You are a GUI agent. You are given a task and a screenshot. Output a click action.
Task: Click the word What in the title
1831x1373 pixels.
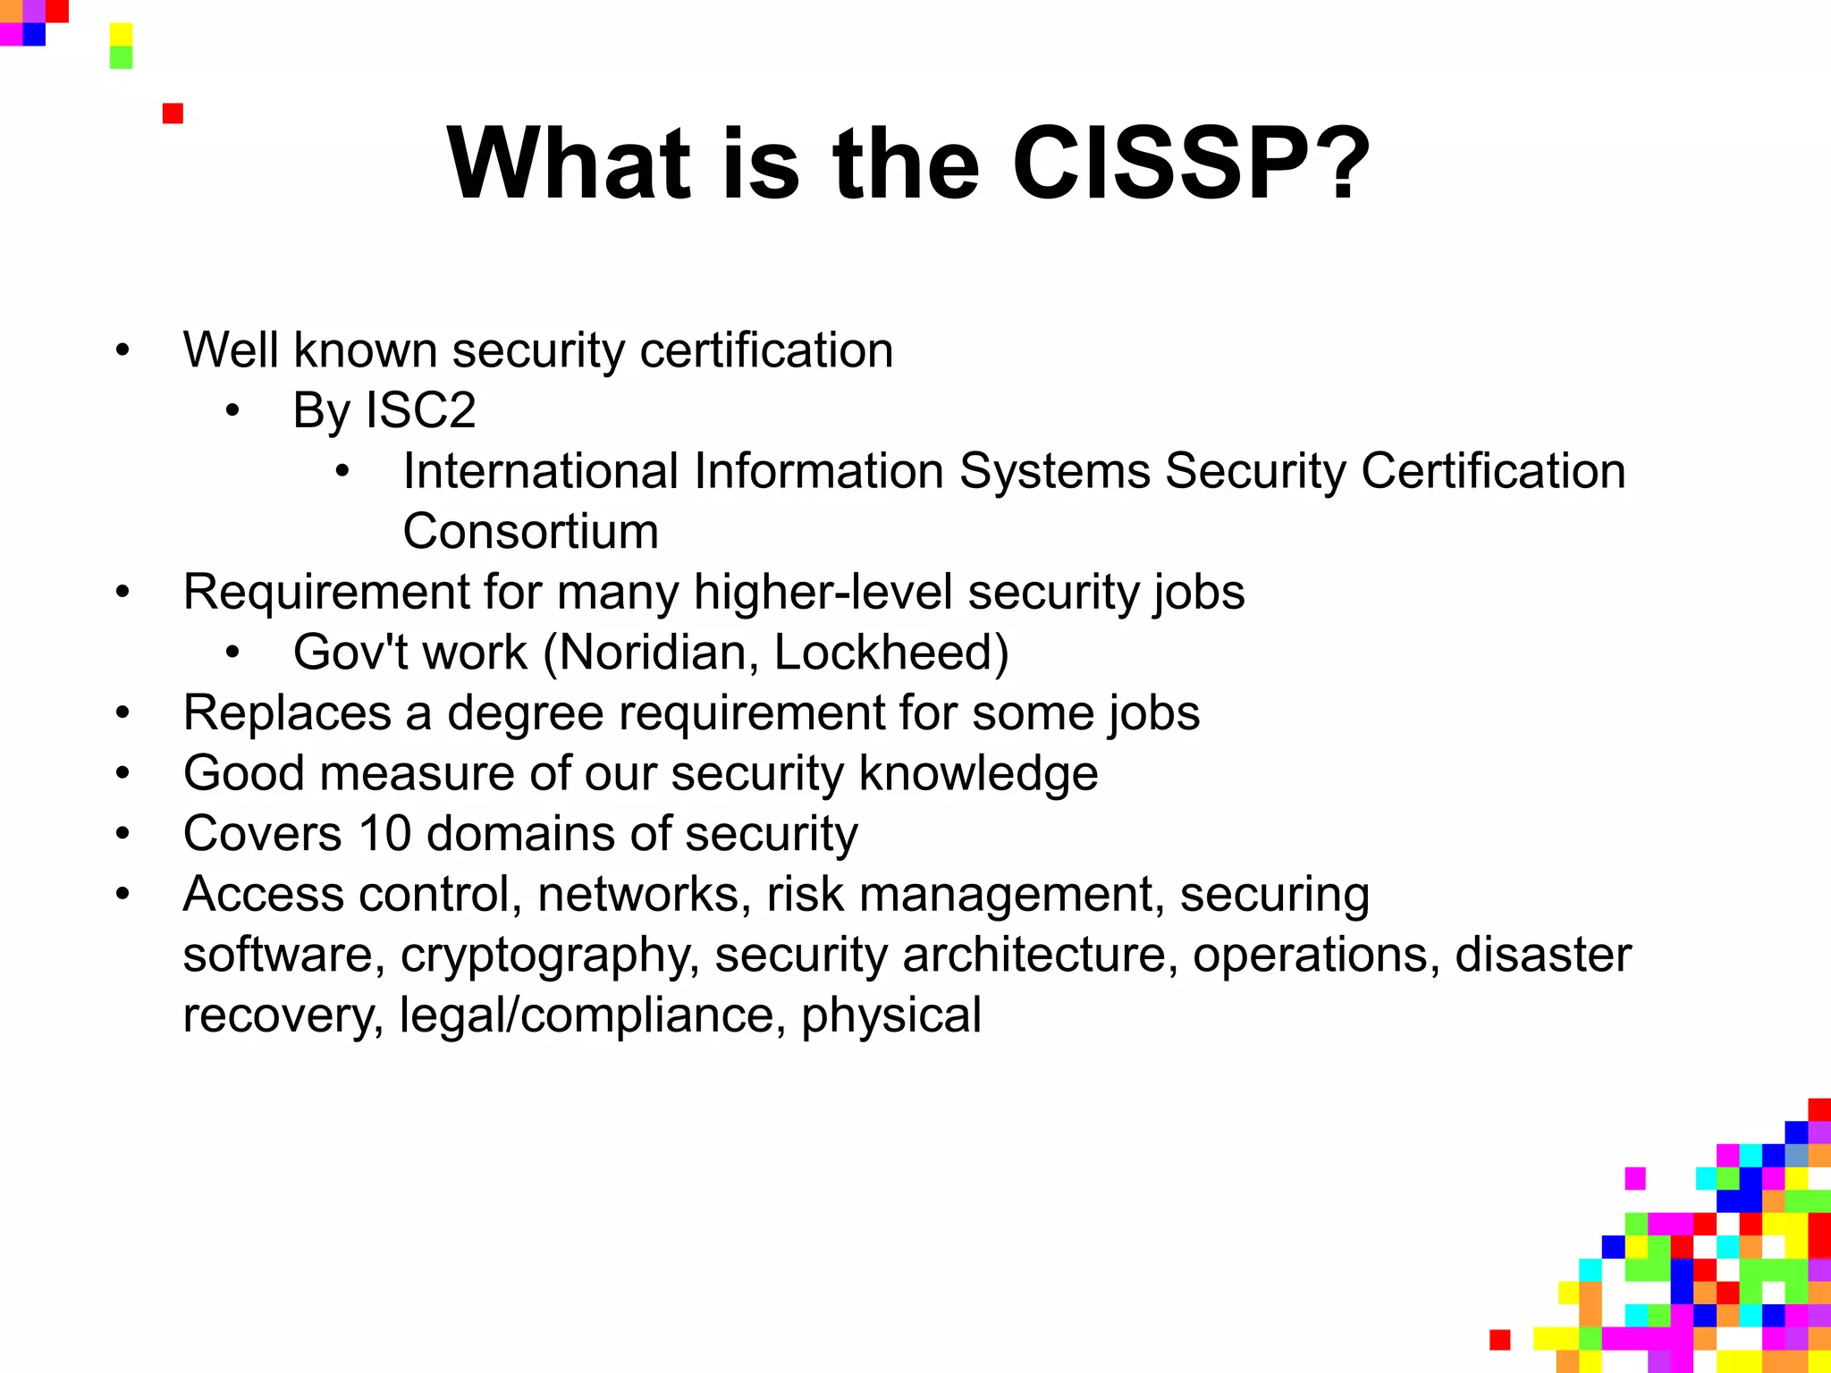pos(570,164)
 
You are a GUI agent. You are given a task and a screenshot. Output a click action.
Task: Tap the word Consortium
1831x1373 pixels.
pos(531,532)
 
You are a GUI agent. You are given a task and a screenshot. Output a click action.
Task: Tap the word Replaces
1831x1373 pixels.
pos(287,713)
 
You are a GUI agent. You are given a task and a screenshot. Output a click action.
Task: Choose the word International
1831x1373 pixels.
pos(541,471)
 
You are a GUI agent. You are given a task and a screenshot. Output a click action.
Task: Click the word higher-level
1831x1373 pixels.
pos(823,593)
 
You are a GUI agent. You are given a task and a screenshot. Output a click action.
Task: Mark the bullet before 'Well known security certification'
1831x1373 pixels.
pos(122,350)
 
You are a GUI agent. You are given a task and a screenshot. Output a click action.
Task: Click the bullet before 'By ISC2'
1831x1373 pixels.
pos(232,411)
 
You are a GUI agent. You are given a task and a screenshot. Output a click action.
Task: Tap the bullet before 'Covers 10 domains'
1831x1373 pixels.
pos(122,834)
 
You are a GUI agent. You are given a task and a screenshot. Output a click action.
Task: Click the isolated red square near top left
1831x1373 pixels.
pos(173,114)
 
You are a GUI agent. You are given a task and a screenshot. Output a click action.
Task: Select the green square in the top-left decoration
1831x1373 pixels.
pos(121,57)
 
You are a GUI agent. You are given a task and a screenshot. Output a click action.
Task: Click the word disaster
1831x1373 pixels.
pos(1543,955)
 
